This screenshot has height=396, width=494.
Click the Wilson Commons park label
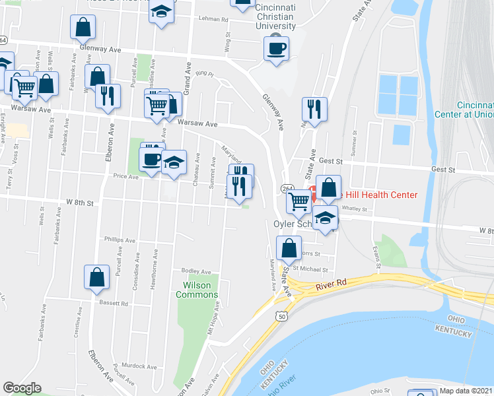(196, 290)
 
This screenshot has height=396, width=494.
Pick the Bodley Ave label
(196, 271)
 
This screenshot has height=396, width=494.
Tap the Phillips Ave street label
(120, 240)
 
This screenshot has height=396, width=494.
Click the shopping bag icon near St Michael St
(289, 249)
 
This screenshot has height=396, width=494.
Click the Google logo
(22, 388)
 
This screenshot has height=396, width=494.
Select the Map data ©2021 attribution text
(466, 391)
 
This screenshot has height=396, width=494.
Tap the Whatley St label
(353, 209)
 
